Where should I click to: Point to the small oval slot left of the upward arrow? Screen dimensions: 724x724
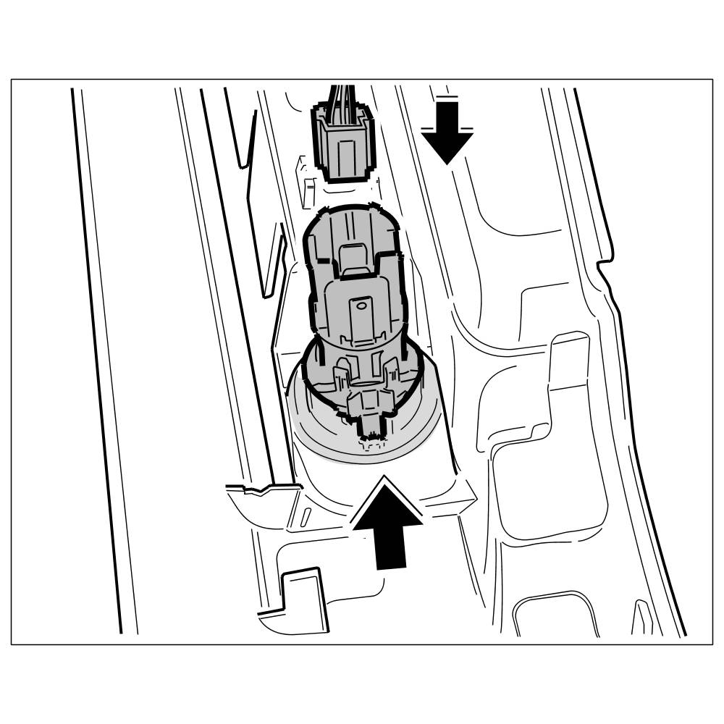307,517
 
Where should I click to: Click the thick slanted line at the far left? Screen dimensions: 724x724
101,362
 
